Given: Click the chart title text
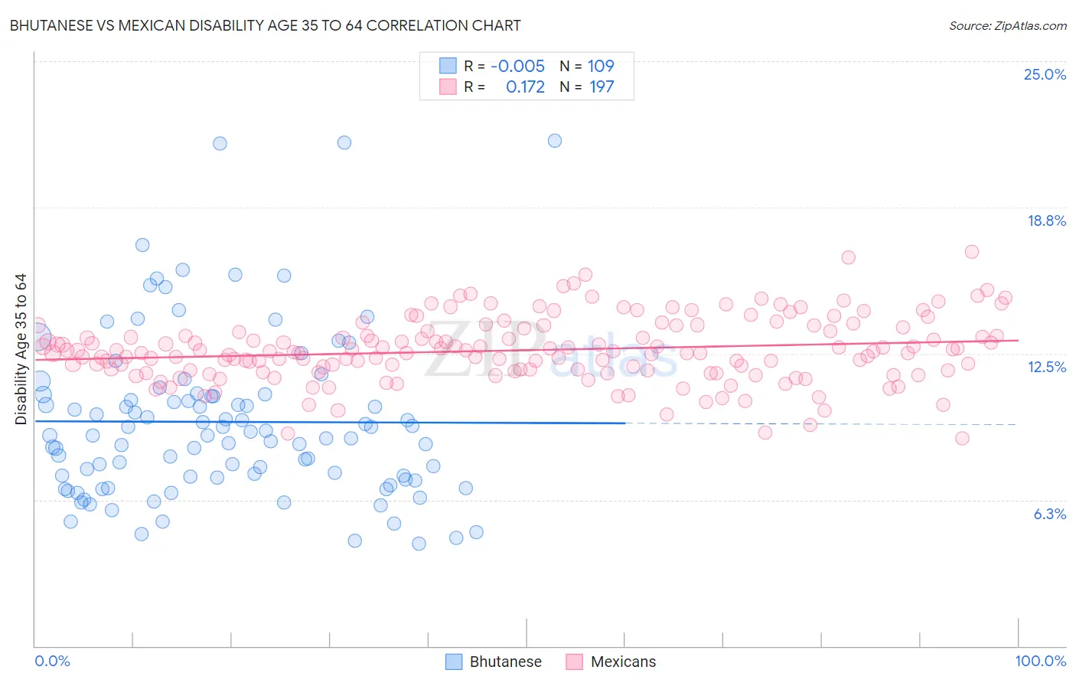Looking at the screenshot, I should [265, 25].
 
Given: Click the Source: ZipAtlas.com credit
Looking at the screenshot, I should [1007, 25].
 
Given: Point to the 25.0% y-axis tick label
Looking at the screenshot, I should [1045, 74].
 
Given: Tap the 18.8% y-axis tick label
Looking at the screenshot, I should [1046, 221].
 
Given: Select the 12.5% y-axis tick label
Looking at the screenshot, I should [1046, 367].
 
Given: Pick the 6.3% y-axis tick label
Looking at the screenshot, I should [1049, 514].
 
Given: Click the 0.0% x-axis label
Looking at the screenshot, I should [52, 661].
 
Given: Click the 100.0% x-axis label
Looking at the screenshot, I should [1040, 661].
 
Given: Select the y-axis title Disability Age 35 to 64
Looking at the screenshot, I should [21, 349].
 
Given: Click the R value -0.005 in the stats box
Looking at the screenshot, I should [517, 66].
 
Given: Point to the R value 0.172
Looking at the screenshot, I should [525, 87].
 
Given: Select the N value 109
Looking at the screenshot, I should [601, 66].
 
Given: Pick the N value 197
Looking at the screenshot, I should [602, 87].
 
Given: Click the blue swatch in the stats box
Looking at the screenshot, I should [448, 66].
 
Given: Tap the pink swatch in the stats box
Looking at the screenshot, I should [448, 87].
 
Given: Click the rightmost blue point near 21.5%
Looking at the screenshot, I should [555, 140].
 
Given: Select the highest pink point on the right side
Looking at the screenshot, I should [972, 251].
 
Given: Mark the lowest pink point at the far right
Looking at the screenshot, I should [962, 438].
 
